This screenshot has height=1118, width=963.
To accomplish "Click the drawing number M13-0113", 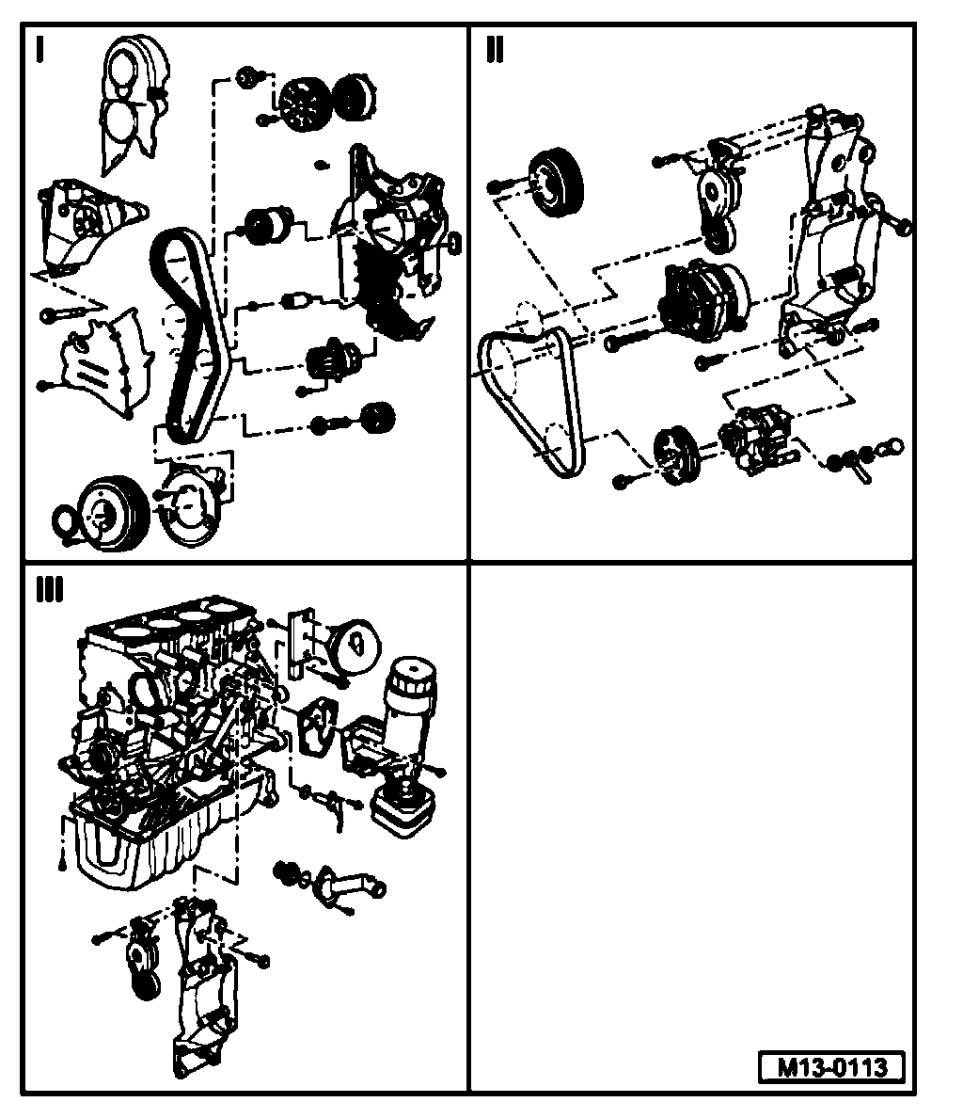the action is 832,1067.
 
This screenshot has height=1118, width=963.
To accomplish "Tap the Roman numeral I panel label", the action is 39,50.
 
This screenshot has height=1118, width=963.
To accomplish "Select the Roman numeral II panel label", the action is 495,50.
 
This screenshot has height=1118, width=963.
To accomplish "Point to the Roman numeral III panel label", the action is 49,590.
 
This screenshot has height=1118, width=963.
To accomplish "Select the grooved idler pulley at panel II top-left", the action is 556,183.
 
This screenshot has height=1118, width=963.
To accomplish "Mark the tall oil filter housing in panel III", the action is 410,715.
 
